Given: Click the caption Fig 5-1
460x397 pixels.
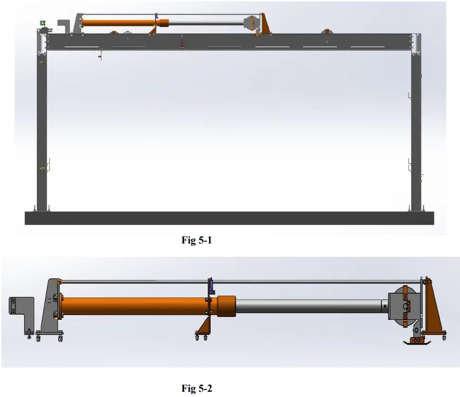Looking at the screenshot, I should pyautogui.click(x=196, y=241).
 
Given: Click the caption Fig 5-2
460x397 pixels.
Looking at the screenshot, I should pyautogui.click(x=196, y=388).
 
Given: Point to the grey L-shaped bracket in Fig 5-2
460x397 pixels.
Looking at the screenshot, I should pyautogui.click(x=21, y=310).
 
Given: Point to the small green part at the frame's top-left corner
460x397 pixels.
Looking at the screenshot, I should pyautogui.click(x=42, y=22).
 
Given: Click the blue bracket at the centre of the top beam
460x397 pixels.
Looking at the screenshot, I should pyautogui.click(x=181, y=43).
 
